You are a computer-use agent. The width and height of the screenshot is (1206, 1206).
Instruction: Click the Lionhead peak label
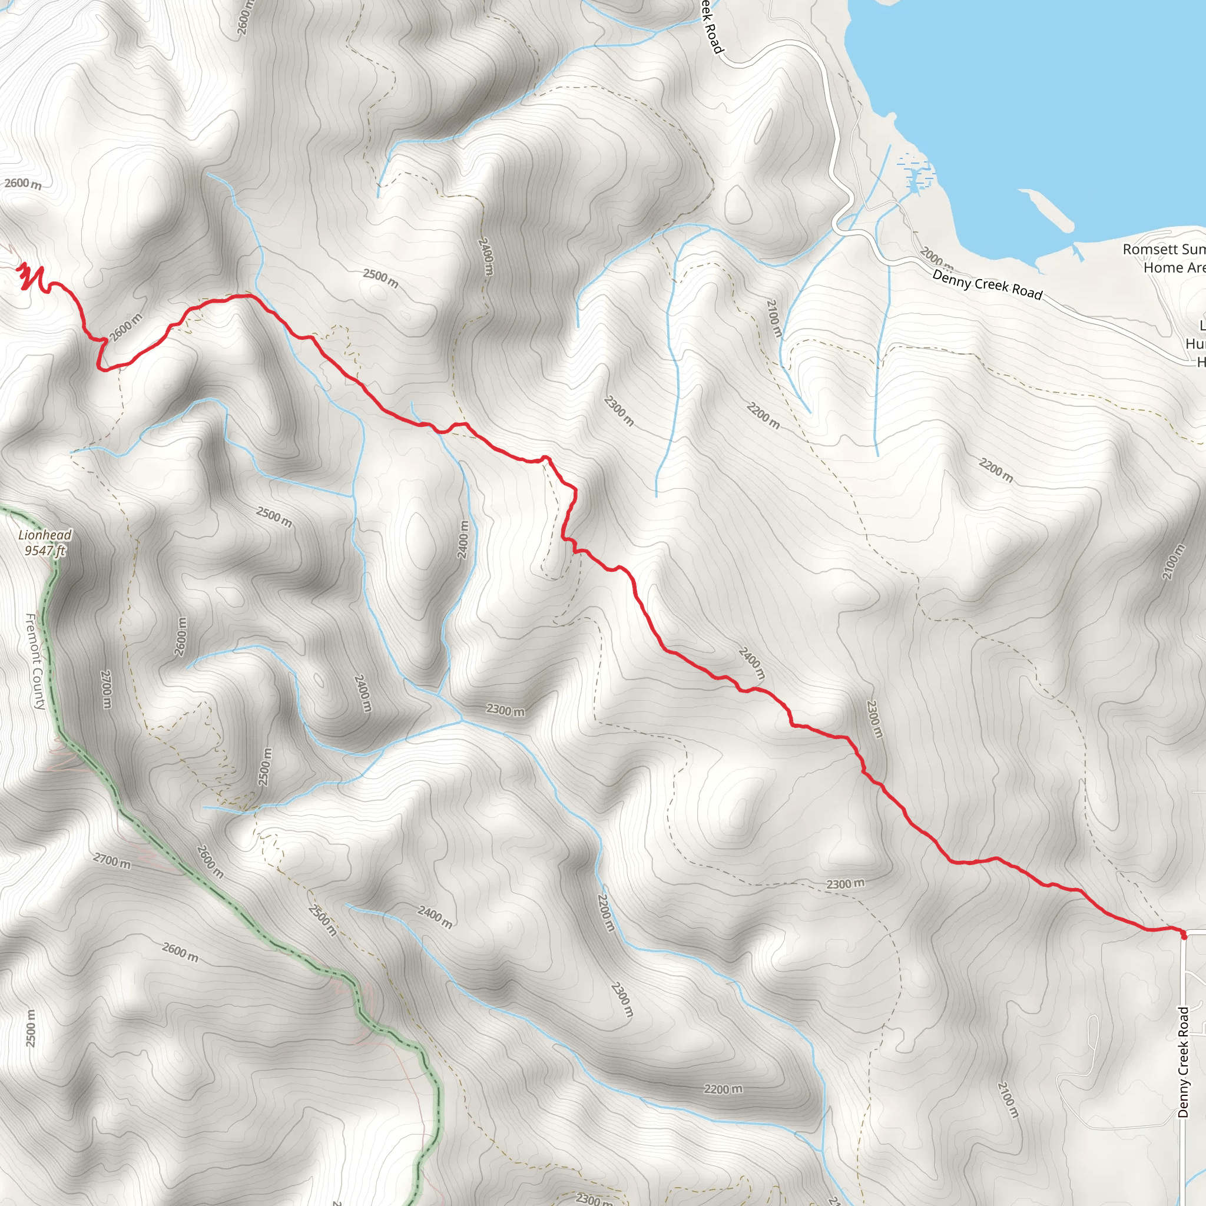click(x=45, y=535)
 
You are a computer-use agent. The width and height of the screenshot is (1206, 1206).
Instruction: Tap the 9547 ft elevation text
click(x=45, y=551)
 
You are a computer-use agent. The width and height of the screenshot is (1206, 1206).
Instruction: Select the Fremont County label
click(x=35, y=662)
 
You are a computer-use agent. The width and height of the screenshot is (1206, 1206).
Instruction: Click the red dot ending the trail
click(x=1184, y=935)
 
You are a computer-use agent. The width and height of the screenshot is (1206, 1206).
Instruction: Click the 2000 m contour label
click(x=936, y=257)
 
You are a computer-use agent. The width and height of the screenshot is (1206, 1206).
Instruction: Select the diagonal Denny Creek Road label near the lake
click(x=988, y=284)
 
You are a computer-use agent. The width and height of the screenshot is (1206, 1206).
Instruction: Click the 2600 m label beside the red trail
click(x=125, y=327)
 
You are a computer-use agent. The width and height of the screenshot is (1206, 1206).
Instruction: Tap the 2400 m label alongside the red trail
click(x=751, y=664)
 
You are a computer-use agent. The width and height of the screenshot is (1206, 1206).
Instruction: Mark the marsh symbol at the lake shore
click(x=915, y=172)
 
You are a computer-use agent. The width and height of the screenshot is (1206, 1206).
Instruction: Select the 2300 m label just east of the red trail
click(x=874, y=718)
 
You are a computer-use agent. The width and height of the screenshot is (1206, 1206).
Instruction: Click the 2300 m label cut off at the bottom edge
click(x=594, y=1198)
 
